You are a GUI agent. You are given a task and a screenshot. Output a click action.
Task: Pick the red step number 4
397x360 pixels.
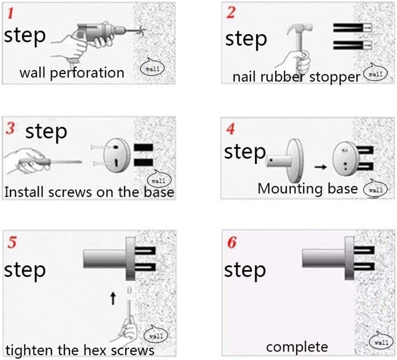pyautogui.click(x=230, y=130)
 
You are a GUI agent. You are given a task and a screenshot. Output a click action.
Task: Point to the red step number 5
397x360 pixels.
pyautogui.click(x=13, y=243)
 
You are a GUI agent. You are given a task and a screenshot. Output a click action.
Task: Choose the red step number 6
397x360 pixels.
pyautogui.click(x=231, y=243)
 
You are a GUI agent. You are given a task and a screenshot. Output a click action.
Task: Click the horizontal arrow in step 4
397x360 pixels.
pyautogui.click(x=320, y=167)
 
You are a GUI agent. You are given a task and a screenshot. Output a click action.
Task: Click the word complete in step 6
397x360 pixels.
pyautogui.click(x=297, y=347)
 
